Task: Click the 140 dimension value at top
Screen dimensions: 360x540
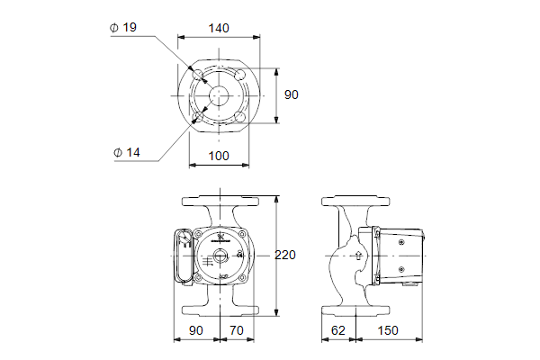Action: (x=218, y=28)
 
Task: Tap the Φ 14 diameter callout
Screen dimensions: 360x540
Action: (x=127, y=152)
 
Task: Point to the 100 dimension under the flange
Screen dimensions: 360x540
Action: (x=218, y=156)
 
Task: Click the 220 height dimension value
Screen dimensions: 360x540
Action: (x=285, y=255)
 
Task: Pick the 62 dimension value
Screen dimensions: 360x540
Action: (x=338, y=331)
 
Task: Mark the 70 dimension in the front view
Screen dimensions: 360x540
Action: (x=237, y=331)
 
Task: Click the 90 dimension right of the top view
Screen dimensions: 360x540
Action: (x=292, y=94)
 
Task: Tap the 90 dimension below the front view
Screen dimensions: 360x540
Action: (x=197, y=331)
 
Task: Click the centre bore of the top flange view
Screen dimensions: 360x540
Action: (x=218, y=94)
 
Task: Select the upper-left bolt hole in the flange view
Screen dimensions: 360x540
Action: (x=198, y=75)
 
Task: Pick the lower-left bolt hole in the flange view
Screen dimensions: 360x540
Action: (x=198, y=114)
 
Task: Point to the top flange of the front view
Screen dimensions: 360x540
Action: (x=218, y=199)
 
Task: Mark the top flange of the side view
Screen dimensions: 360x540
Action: (x=358, y=199)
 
